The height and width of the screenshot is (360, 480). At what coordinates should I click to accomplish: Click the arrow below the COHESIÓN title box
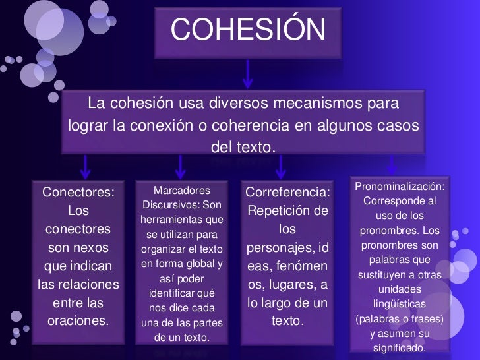point(248,73)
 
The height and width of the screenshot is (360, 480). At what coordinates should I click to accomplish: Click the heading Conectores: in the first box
point(78,192)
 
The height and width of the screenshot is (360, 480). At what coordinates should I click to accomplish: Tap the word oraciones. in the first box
point(78,322)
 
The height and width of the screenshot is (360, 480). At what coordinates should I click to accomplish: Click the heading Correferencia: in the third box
point(287,193)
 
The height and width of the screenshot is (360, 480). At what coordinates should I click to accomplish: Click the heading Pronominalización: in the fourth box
point(400,187)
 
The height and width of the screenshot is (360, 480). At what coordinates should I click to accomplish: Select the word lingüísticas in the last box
point(400,304)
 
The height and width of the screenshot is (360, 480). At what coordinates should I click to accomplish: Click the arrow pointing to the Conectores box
point(86,167)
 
